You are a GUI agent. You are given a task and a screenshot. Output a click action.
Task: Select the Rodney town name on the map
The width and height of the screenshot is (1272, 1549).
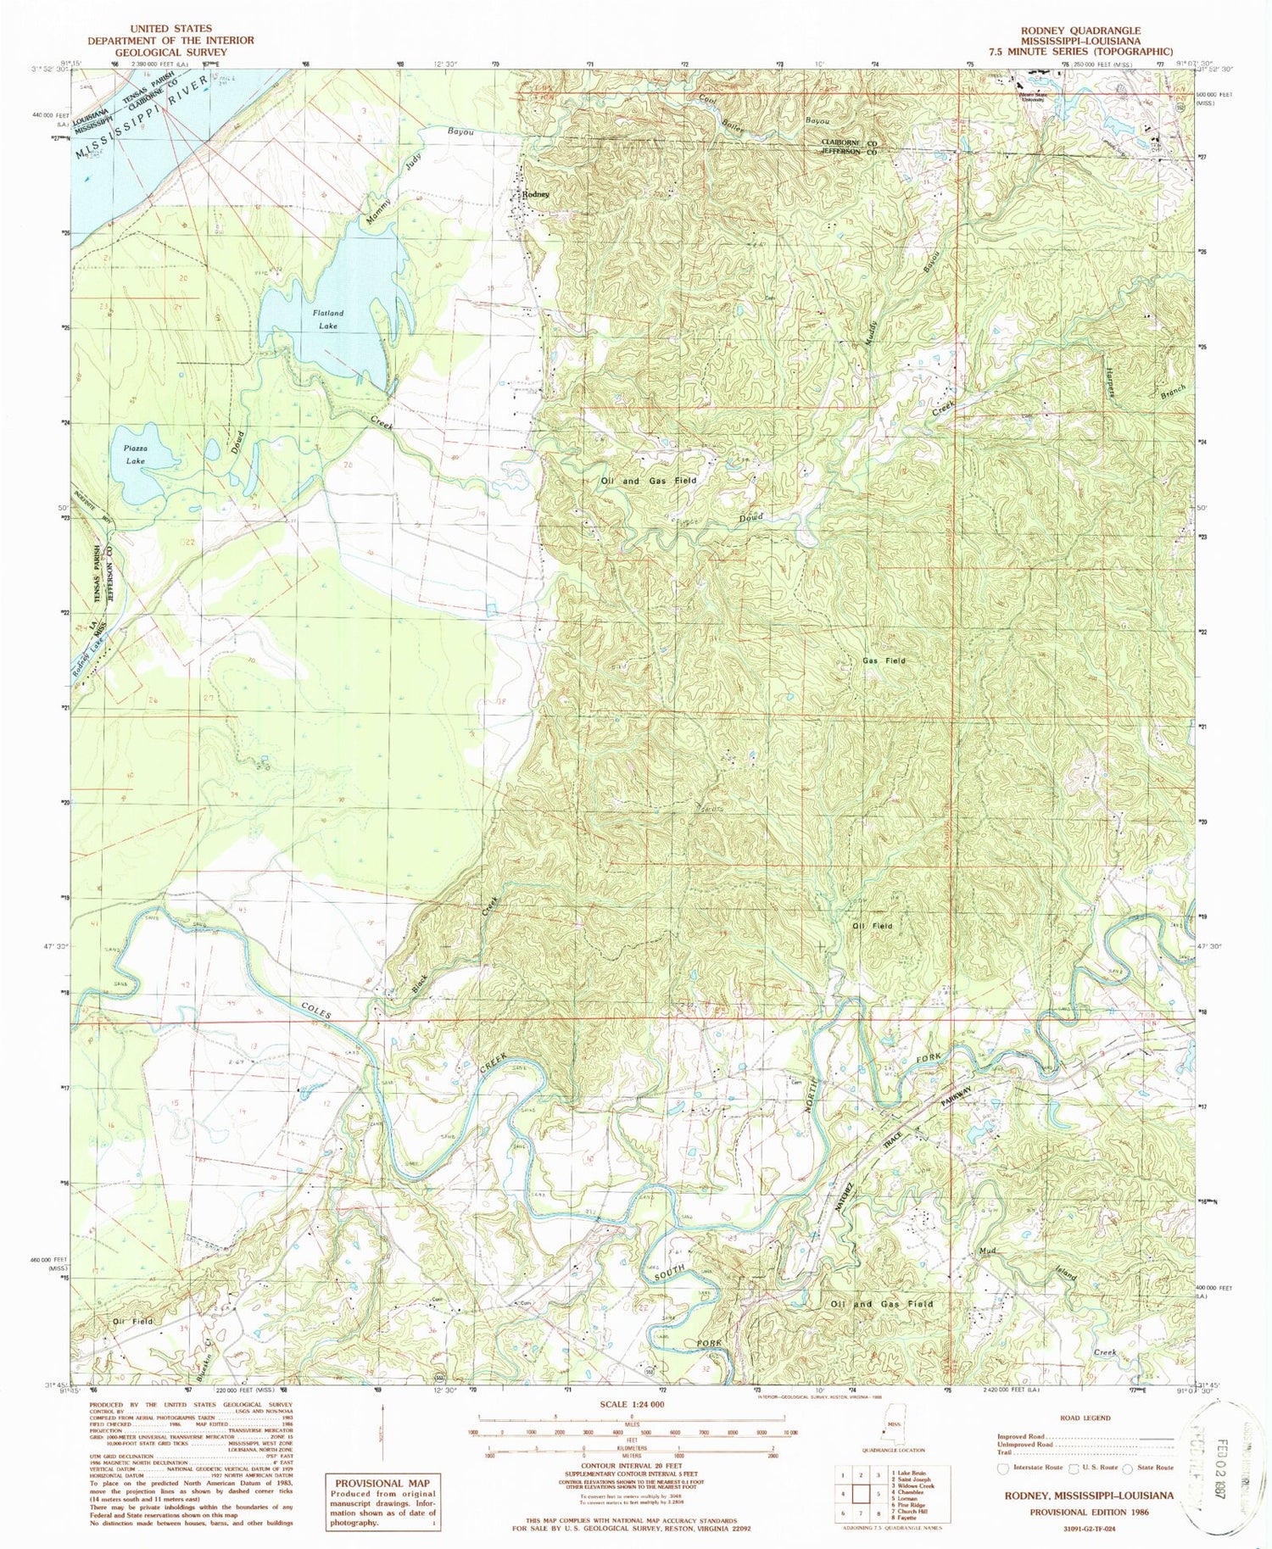pyautogui.click(x=536, y=194)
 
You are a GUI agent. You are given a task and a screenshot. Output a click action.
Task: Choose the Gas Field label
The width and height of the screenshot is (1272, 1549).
pyautogui.click(x=884, y=660)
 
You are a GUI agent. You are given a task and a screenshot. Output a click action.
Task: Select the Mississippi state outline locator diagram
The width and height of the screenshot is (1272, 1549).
pyautogui.click(x=887, y=1434)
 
